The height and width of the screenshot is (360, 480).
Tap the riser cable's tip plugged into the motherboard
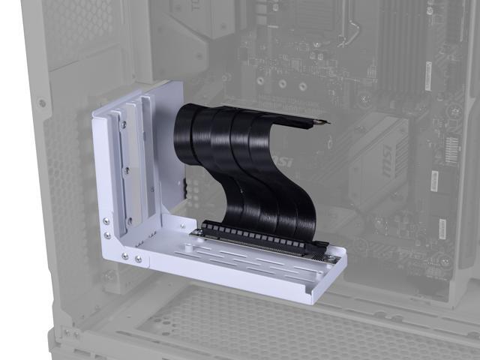(x=319, y=121)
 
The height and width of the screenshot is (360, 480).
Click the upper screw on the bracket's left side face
(x=106, y=220)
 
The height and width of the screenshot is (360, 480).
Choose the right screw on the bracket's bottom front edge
(x=138, y=259)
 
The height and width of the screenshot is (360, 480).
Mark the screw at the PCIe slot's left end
(x=197, y=232)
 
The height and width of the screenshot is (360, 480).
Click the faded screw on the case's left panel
(x=42, y=103)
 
